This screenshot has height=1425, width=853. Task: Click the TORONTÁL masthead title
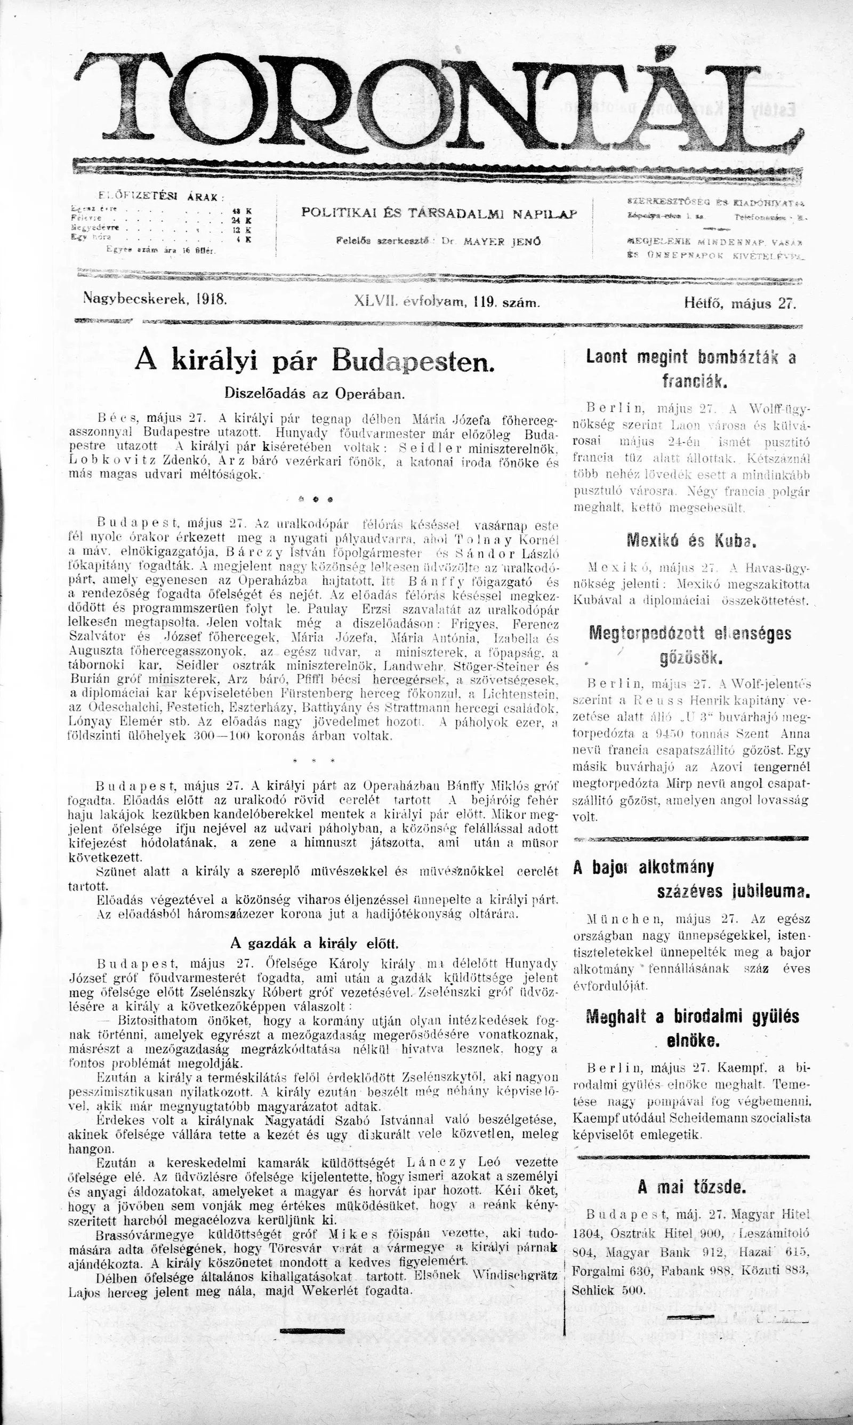[x=437, y=101]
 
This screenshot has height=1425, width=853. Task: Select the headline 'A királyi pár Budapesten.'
[x=315, y=361]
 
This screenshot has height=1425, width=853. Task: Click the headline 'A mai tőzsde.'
[x=691, y=1187]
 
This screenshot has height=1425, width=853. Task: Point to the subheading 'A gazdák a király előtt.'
[x=314, y=943]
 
